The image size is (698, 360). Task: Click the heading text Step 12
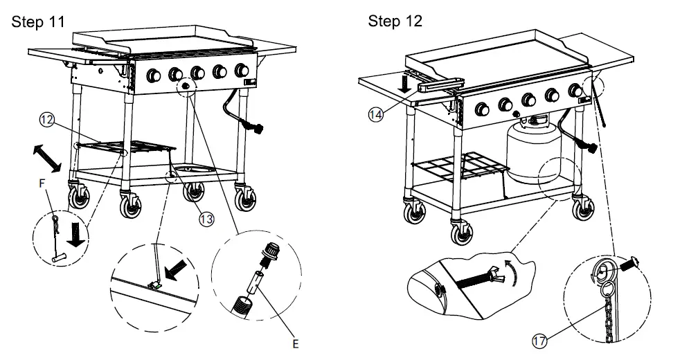395,21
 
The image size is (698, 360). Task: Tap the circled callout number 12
47,120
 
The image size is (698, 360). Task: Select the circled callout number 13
206,218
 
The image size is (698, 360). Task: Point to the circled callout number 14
376,115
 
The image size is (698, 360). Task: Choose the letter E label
296,343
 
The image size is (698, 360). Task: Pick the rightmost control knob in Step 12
575,91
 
